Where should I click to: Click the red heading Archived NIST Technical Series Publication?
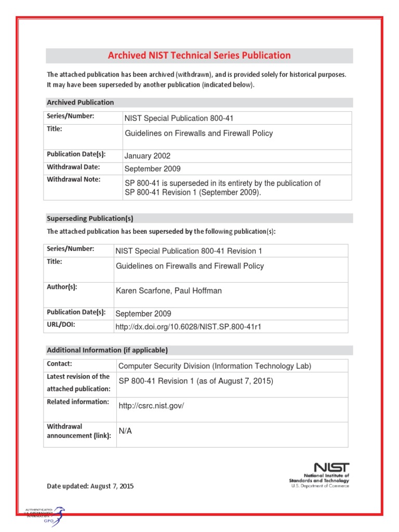pyautogui.click(x=199, y=56)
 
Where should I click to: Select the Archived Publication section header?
pyautogui.click(x=81, y=102)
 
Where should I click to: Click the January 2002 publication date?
pyautogui.click(x=148, y=156)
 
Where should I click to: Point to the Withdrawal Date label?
pyautogui.click(x=73, y=167)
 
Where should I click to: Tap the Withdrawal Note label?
pyautogui.click(x=73, y=179)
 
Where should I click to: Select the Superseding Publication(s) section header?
pyautogui.click(x=94, y=218)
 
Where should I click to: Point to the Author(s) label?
pyautogui.click(x=62, y=287)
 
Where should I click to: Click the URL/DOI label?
pyautogui.click(x=61, y=325)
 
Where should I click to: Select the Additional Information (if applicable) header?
pyautogui.click(x=108, y=350)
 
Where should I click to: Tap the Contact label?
pyautogui.click(x=59, y=364)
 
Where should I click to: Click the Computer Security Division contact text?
pyautogui.click(x=215, y=366)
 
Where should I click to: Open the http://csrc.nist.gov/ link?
pyautogui.click(x=152, y=406)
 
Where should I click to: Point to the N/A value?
pyautogui.click(x=125, y=431)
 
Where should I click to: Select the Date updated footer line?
pyautogui.click(x=90, y=486)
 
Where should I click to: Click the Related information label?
pyautogui.click(x=78, y=402)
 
